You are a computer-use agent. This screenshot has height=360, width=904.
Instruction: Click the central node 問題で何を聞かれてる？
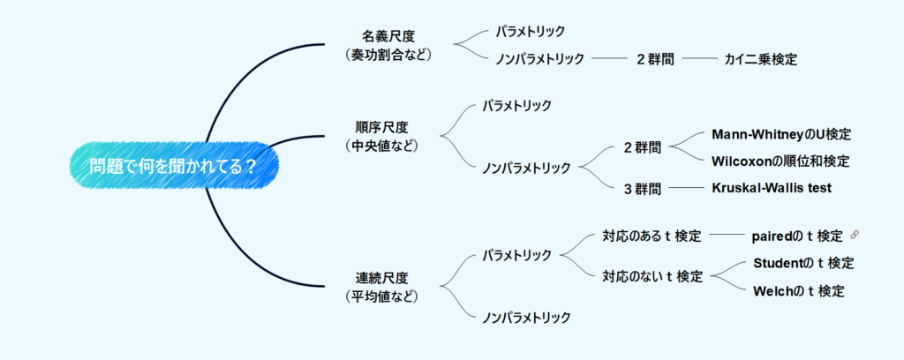174,166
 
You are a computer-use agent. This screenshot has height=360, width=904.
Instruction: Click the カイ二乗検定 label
760,59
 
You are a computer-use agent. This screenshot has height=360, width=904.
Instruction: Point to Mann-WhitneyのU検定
780,134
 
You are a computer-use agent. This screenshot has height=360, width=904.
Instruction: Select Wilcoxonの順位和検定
780,161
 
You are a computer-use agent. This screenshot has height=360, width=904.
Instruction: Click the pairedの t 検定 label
797,236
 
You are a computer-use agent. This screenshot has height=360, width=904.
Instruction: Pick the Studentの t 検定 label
803,262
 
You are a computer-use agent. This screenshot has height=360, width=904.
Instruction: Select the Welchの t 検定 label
798,290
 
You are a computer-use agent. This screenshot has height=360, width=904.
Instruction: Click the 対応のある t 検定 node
652,236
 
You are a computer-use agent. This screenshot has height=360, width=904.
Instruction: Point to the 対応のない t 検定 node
652,276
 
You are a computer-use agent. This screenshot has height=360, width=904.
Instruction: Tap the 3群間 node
642,188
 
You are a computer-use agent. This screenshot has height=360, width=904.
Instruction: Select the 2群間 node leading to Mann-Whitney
642,147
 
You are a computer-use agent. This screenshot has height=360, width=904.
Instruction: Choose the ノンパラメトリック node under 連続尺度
526,317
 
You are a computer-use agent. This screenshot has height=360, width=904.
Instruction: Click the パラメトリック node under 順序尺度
516,106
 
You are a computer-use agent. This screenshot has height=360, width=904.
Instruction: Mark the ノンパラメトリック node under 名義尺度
540,59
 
